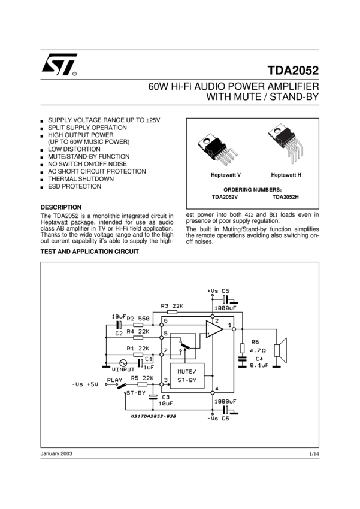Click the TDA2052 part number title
[x=294, y=69]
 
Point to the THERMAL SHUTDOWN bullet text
[x=81, y=178]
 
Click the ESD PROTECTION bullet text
[x=74, y=186]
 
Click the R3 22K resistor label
[x=172, y=305]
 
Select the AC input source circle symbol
[x=123, y=362]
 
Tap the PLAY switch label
[x=114, y=380]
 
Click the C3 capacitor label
[x=165, y=397]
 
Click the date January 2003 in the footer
[x=56, y=453]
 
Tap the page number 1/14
[x=314, y=455]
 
